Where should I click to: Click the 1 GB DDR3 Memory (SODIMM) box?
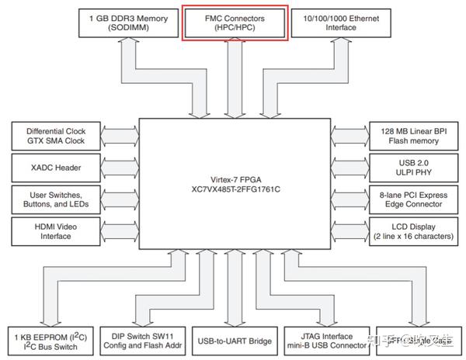[128, 22]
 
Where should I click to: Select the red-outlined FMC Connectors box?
[235, 22]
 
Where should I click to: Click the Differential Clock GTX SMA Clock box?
[55, 137]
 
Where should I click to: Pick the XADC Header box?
[55, 168]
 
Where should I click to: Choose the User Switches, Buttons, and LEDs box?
[55, 199]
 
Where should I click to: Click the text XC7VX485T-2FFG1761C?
[235, 189]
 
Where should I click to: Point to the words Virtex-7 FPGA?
[235, 178]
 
